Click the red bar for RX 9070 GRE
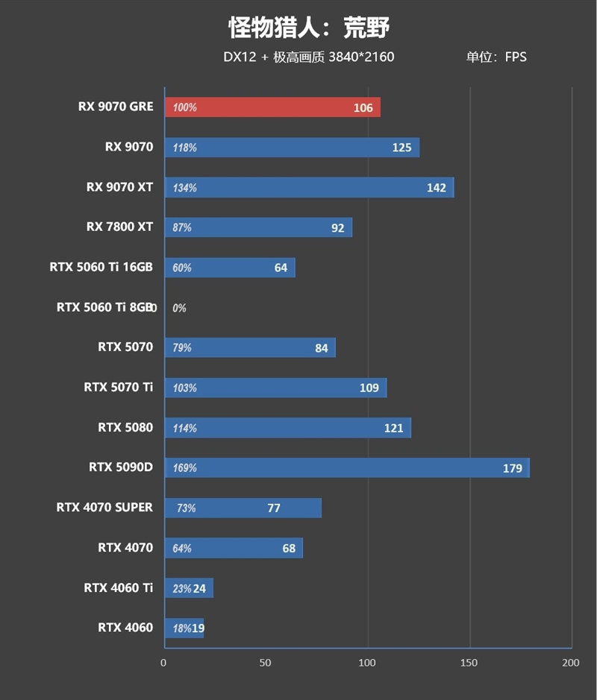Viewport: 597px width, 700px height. (x=272, y=107)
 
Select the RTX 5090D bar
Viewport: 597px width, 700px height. (x=347, y=468)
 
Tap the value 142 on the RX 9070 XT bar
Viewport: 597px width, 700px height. (x=437, y=188)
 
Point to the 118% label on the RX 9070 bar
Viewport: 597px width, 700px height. (x=184, y=148)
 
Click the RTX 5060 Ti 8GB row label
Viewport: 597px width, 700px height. (x=104, y=307)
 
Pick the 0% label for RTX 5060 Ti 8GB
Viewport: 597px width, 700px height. (x=179, y=308)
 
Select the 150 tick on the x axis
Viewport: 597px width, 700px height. (x=469, y=663)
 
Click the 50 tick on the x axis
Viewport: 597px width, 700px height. (x=266, y=663)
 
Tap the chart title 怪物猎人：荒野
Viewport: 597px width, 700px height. (x=309, y=28)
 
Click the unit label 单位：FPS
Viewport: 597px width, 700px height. (x=496, y=57)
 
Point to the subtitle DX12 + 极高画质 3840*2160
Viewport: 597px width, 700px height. (x=308, y=57)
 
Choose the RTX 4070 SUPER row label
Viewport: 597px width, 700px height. (x=104, y=508)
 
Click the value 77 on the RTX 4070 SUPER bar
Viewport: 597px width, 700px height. (x=274, y=508)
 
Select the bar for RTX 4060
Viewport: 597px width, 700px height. (x=184, y=628)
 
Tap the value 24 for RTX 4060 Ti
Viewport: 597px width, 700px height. (x=199, y=589)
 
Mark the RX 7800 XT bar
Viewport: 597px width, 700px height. (x=258, y=227)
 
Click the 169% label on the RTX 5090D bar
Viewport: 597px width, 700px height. (x=184, y=468)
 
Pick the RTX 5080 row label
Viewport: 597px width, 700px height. (x=125, y=428)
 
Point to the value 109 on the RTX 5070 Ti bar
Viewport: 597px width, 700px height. (x=369, y=388)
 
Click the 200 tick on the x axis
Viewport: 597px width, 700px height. (x=570, y=663)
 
